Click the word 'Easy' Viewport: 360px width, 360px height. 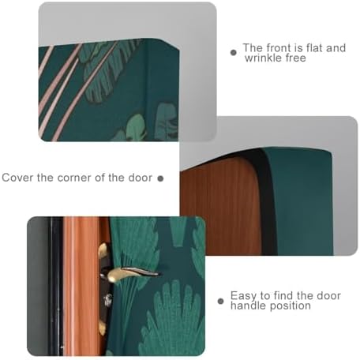coord(244,295)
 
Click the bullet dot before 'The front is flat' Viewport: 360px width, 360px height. coord(233,53)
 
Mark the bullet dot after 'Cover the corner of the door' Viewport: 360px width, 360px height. coord(160,178)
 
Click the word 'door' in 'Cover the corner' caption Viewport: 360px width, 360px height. coord(139,178)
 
